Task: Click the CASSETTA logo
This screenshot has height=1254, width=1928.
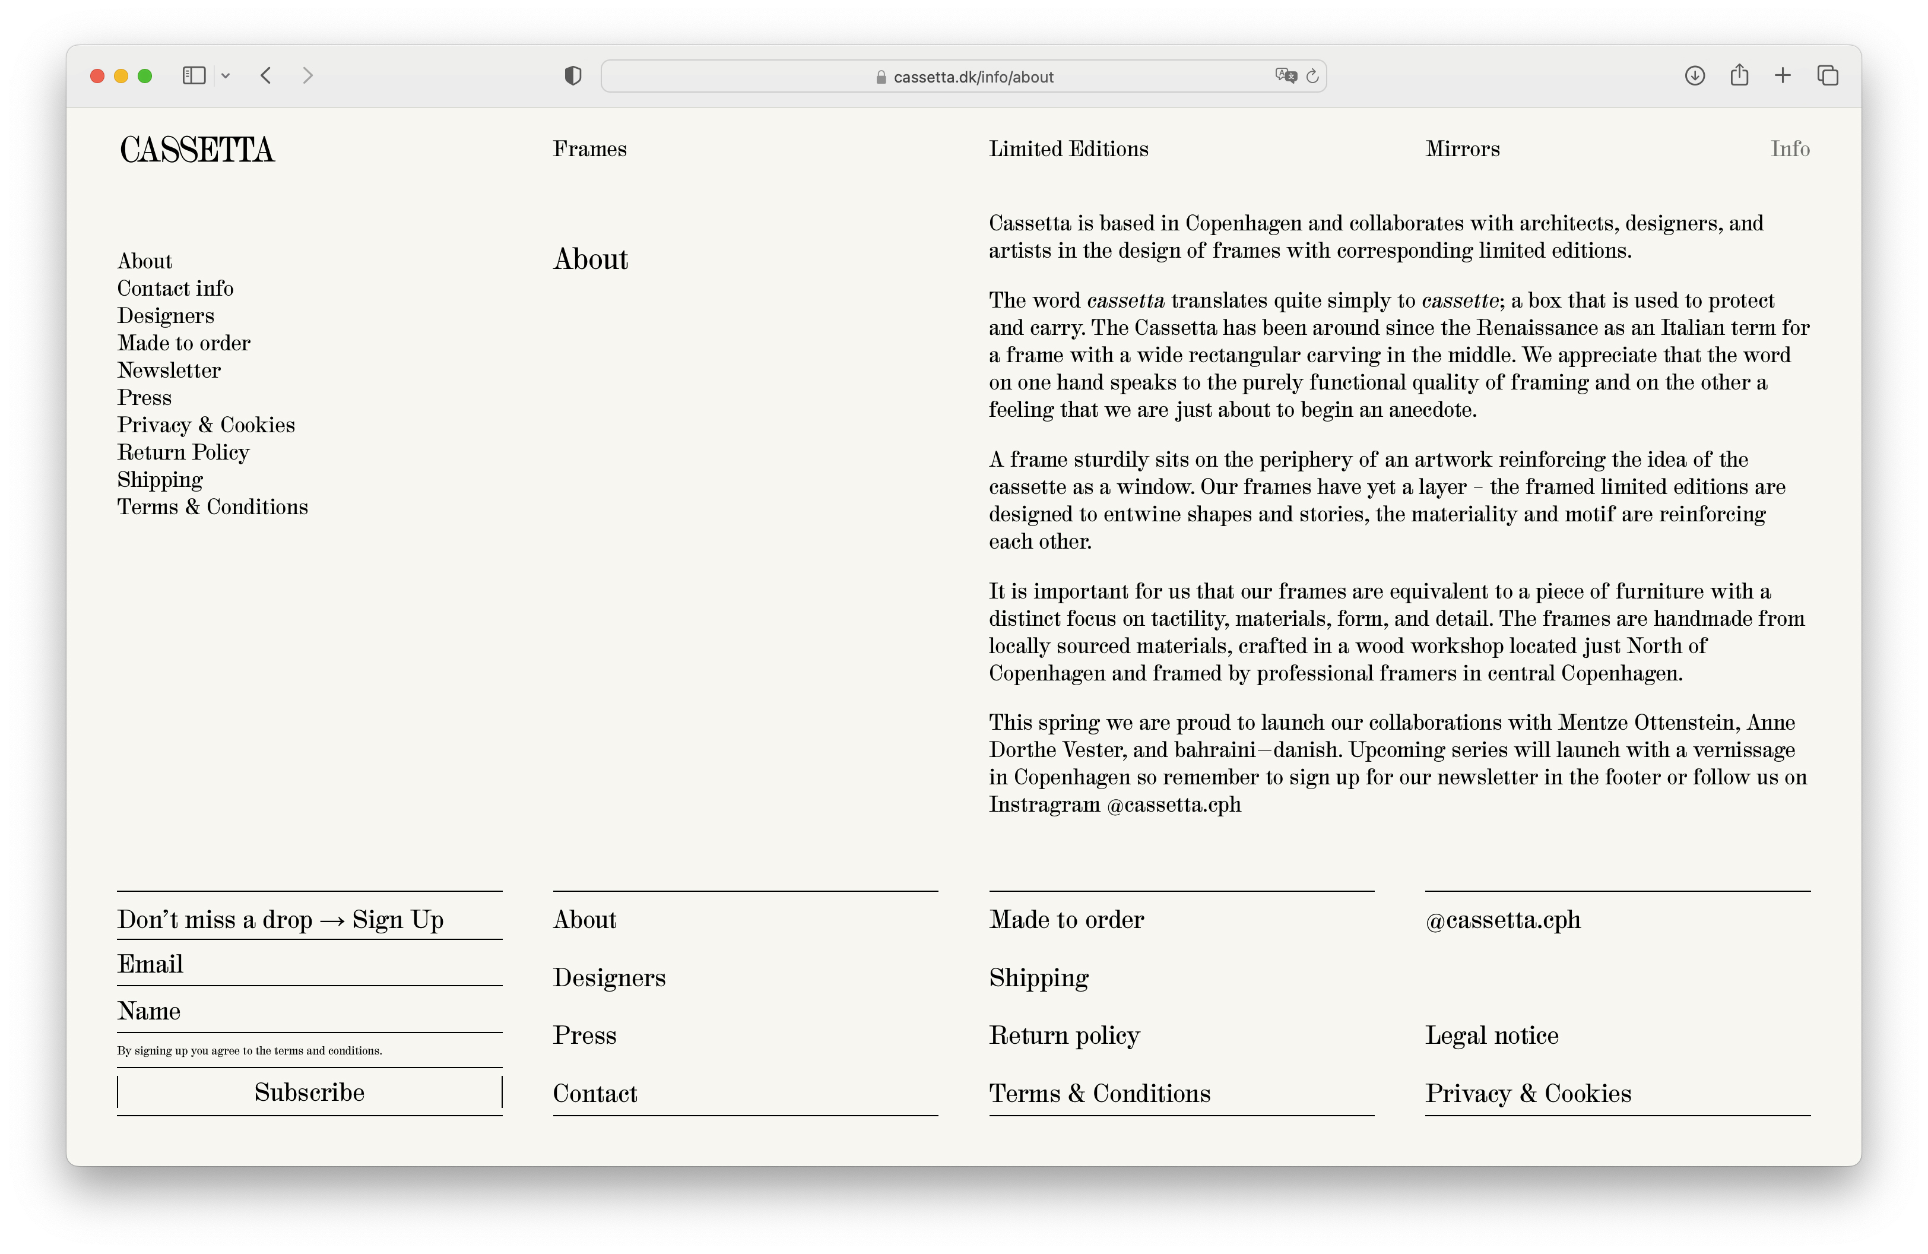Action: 197,150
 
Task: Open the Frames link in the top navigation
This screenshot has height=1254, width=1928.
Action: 590,149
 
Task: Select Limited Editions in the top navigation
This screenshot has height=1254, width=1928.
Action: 1068,149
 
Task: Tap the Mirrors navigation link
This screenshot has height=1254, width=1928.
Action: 1462,149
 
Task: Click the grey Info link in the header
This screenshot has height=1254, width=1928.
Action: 1790,149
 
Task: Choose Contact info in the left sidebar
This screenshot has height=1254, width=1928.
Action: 175,289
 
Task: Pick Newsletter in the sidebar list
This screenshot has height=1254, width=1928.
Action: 169,370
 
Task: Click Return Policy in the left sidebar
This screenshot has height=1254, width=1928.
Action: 183,452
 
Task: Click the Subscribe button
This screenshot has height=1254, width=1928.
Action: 309,1092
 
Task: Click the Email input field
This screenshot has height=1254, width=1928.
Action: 309,964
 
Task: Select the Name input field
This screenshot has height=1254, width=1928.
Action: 309,1011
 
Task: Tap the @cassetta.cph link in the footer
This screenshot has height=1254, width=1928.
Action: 1503,920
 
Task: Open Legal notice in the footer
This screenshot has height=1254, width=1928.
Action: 1491,1035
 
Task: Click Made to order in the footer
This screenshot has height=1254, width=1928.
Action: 1066,920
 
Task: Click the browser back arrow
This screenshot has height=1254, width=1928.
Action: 266,76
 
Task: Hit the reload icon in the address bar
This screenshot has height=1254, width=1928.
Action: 1312,76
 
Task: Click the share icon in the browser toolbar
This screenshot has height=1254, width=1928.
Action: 1739,75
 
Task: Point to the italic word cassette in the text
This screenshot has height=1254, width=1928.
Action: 1460,300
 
